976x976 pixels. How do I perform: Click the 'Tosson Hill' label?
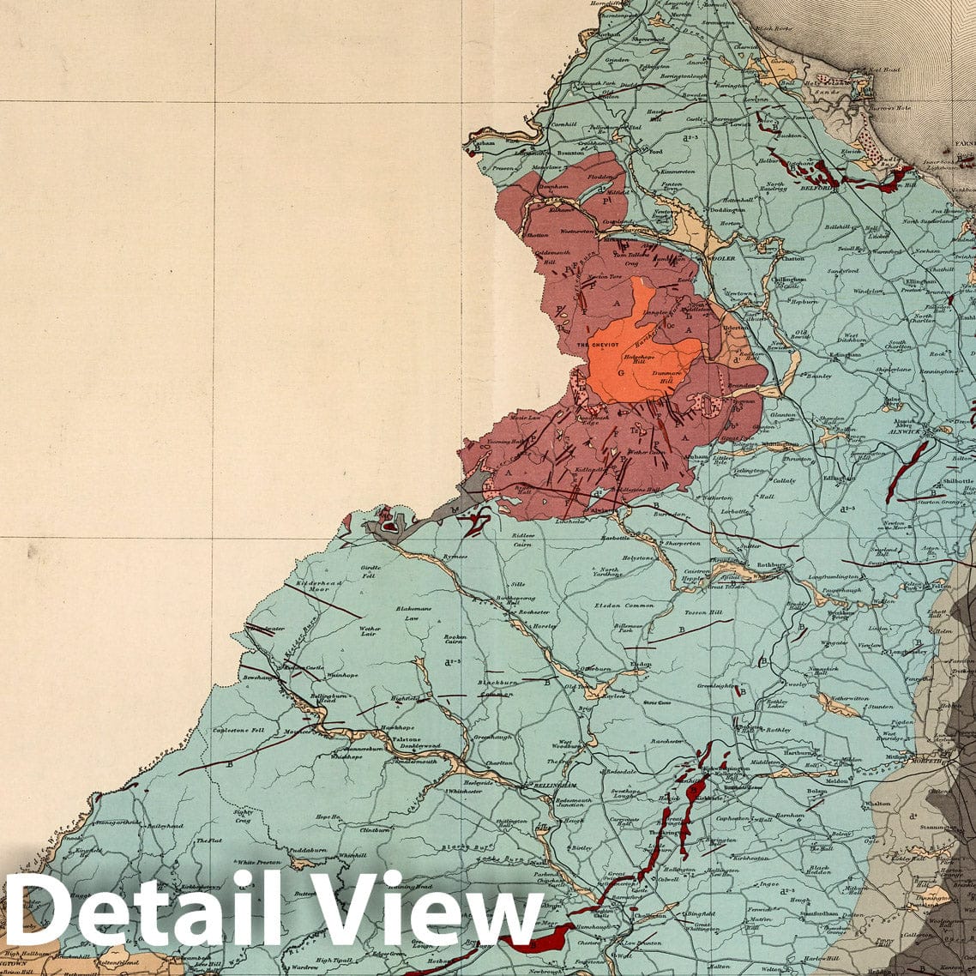click(x=703, y=613)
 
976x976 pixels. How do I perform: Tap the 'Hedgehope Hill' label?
click(x=645, y=358)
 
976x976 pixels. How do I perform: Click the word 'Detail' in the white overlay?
click(x=142, y=913)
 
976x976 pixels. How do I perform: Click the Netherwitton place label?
click(x=849, y=699)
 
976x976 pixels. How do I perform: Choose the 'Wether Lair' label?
click(x=370, y=632)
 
